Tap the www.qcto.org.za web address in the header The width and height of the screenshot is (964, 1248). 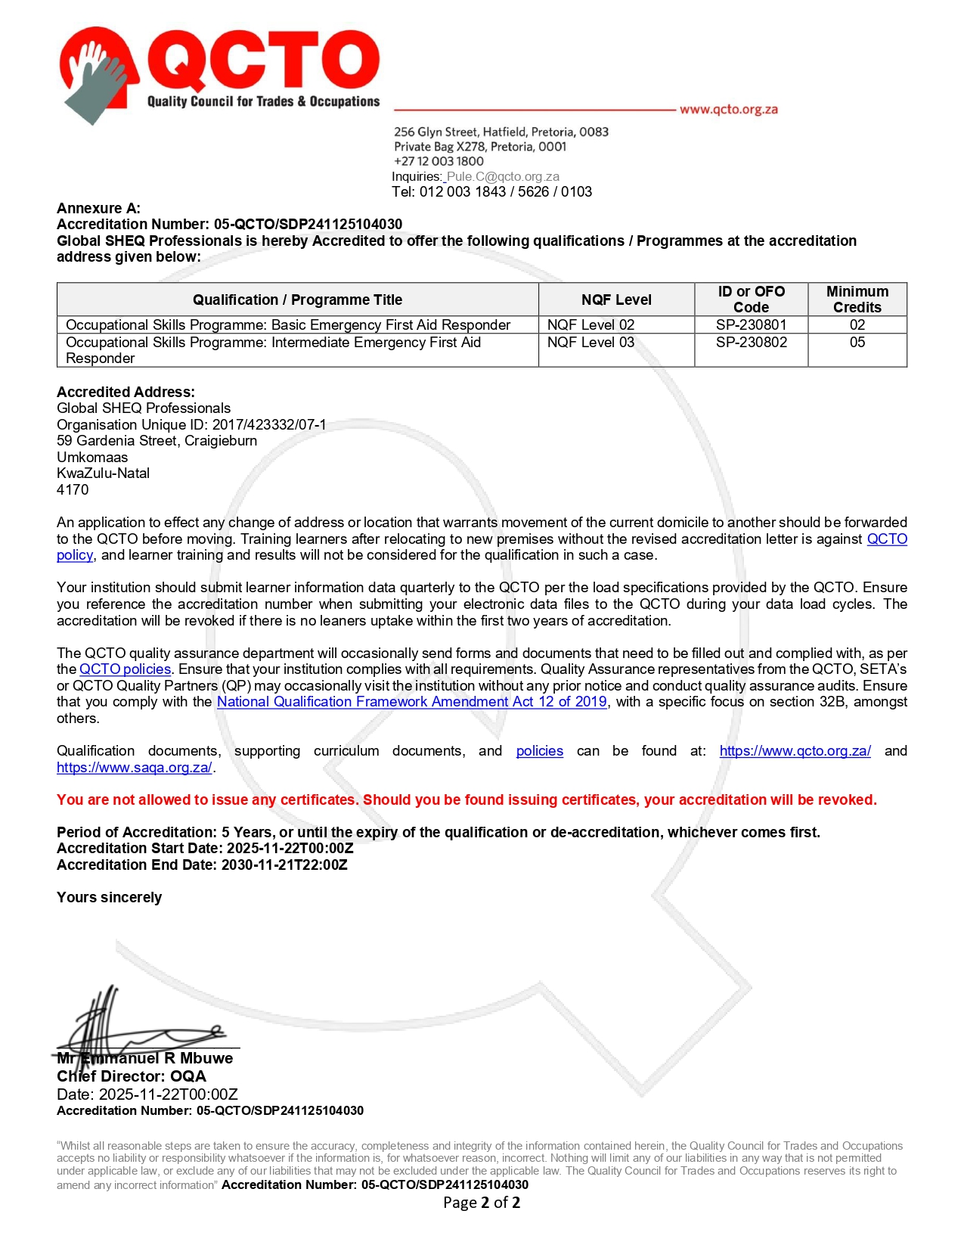[728, 110]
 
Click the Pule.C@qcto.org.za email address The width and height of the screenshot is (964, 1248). [503, 176]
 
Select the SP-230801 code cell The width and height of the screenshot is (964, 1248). [751, 324]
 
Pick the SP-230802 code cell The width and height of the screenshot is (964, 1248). [751, 343]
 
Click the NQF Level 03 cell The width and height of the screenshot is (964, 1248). [590, 343]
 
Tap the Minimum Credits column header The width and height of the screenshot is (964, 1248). [857, 300]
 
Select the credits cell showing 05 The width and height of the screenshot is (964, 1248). [857, 343]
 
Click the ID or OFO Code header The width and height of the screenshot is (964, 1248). [751, 300]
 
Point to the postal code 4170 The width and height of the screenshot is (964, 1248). [73, 489]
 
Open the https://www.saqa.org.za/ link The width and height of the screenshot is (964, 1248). [135, 768]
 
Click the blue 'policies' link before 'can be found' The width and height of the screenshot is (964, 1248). [539, 751]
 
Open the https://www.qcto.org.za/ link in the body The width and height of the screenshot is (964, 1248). [795, 751]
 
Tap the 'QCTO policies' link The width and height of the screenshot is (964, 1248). [125, 669]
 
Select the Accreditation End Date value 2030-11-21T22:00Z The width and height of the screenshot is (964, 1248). [284, 865]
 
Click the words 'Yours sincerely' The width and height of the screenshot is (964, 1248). [109, 898]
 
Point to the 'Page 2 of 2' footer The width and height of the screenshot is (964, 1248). [482, 1203]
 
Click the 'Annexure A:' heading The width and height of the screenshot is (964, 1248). [98, 208]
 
